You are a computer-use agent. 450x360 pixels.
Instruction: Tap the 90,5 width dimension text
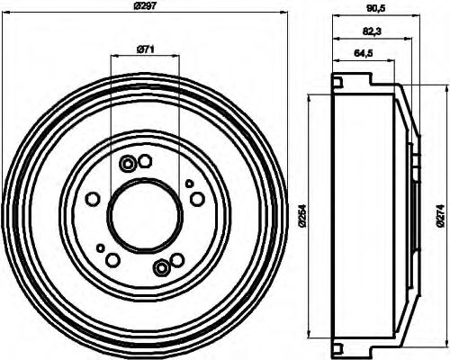pyautogui.click(x=372, y=13)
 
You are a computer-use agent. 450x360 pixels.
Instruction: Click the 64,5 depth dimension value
pyautogui.click(x=364, y=54)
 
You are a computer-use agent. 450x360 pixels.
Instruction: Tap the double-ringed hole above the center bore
pyautogui.click(x=128, y=163)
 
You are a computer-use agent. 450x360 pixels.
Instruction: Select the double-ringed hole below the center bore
pyautogui.click(x=160, y=266)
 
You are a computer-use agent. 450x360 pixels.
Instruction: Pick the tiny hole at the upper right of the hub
pyautogui.click(x=190, y=183)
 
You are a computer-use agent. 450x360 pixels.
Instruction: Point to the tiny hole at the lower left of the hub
pyautogui.click(x=100, y=247)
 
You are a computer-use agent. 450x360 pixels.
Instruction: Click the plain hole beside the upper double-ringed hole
pyautogui.click(x=146, y=160)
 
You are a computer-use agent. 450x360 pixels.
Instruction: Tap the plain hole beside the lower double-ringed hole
pyautogui.click(x=113, y=260)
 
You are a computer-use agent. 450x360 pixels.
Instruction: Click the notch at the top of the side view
pyautogui.click(x=337, y=83)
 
